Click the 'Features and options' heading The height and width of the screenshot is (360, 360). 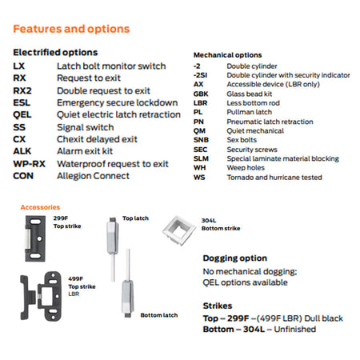71,29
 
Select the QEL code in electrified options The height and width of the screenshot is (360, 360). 22,115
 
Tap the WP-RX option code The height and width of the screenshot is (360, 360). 29,164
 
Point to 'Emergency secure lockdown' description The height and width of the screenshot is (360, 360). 118,102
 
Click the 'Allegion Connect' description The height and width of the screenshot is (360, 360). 93,176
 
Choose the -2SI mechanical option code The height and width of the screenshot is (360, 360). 200,75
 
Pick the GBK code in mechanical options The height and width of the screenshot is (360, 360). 201,94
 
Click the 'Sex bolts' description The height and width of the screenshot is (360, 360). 242,140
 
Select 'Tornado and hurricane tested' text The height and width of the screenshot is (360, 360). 274,178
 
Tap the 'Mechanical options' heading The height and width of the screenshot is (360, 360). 227,55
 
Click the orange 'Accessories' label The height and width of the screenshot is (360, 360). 40,207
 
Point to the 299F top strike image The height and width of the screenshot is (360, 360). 35,238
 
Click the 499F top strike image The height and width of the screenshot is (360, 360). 41,296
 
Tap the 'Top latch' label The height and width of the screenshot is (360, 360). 135,218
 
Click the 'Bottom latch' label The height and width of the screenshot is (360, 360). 159,315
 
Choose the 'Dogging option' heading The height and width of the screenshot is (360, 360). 234,258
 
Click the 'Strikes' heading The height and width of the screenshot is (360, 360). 218,306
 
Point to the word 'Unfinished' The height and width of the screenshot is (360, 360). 294,330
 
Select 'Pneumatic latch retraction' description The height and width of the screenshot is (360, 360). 270,122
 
